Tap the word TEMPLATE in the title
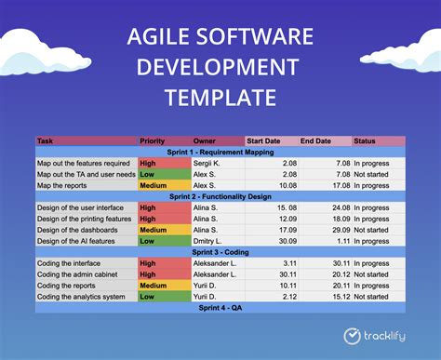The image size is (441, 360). [x=220, y=98]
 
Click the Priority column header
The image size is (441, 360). [x=153, y=141]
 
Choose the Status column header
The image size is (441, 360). [x=366, y=141]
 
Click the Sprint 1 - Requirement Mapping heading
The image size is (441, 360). [x=220, y=151]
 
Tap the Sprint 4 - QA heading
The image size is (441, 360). [x=220, y=307]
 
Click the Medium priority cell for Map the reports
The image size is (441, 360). [x=154, y=184]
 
